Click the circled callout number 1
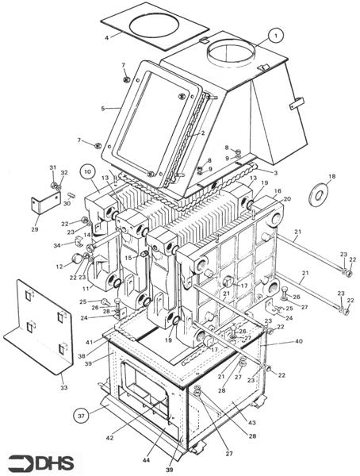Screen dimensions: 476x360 [x=274, y=35]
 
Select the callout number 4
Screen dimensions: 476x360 [x=107, y=36]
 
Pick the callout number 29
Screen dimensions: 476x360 [x=34, y=229]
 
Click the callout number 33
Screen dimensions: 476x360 [x=65, y=387]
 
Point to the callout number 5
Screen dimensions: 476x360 [x=103, y=108]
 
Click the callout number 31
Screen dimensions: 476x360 [x=53, y=168]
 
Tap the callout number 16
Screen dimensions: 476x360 [x=278, y=191]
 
